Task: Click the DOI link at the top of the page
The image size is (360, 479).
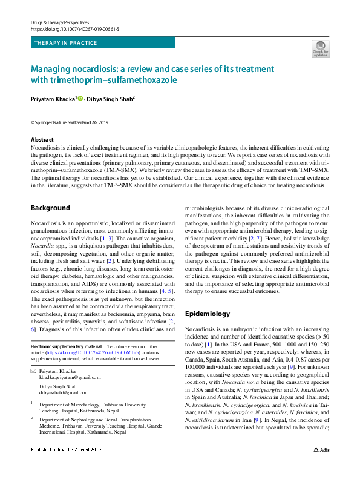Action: pos(74,28)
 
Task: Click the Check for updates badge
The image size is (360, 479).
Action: pos(320,48)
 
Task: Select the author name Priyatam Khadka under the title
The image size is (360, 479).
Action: pos(52,98)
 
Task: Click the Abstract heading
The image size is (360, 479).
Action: pos(42,139)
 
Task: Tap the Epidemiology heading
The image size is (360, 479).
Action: pos(207,314)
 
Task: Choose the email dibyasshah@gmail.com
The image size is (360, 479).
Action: pos(68,391)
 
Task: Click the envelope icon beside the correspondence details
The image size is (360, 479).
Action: pos(33,369)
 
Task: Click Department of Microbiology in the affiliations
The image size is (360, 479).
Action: pos(83,401)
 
